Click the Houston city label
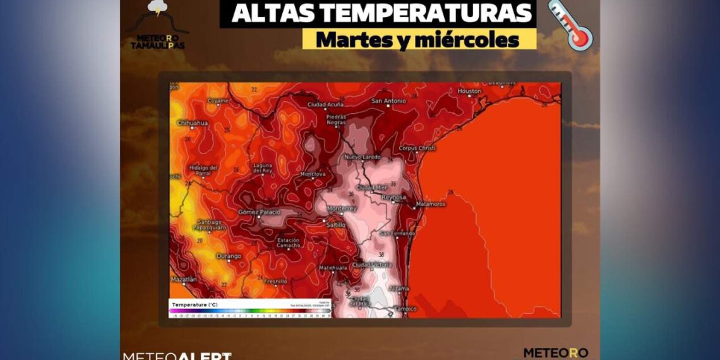click(x=469, y=92)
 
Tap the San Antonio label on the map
click(x=388, y=101)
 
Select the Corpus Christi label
click(x=417, y=148)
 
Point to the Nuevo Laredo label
click(x=363, y=157)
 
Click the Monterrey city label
click(x=342, y=208)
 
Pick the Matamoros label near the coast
click(x=431, y=205)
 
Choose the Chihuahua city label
click(x=192, y=123)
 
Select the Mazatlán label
click(x=183, y=279)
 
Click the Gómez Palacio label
click(x=259, y=212)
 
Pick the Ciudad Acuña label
click(x=325, y=104)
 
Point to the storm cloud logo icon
click(x=157, y=9)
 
